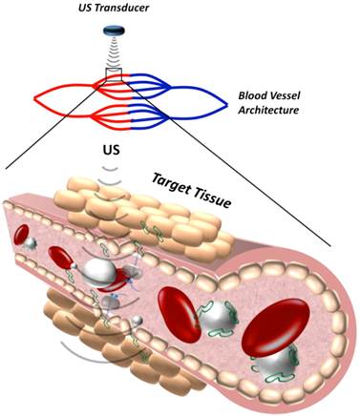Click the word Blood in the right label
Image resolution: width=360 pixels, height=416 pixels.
[252, 96]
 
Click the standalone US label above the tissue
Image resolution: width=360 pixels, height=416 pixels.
[108, 150]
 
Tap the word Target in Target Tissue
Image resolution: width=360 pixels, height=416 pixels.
[166, 180]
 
